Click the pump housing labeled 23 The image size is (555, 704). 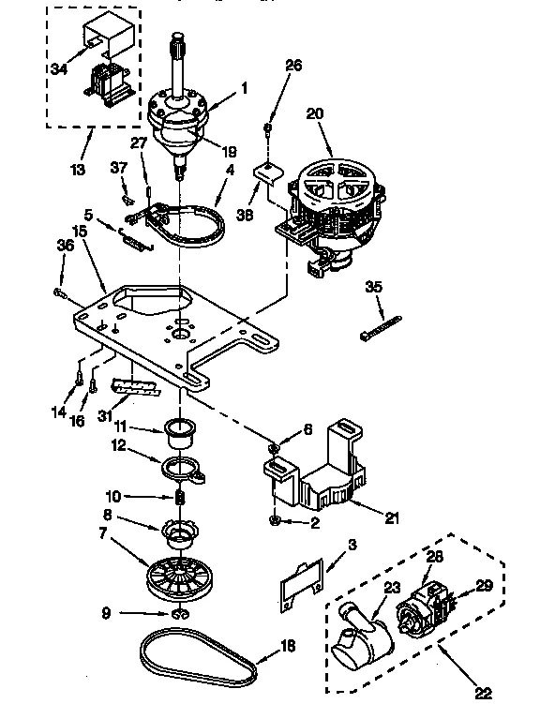point(361,643)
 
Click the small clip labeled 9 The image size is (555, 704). point(177,615)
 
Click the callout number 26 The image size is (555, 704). point(293,66)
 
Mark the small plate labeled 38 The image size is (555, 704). point(269,174)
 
